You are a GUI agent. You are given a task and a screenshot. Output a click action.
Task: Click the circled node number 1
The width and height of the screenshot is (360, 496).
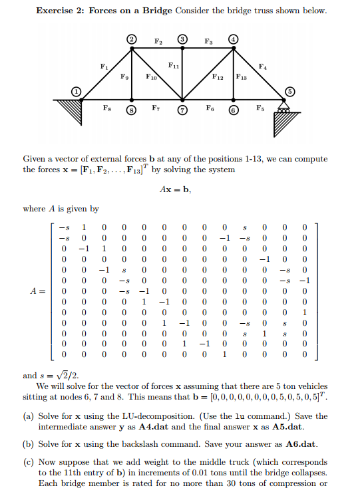[x=77, y=91]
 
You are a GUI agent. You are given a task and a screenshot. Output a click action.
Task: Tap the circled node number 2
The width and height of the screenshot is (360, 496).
[x=132, y=41]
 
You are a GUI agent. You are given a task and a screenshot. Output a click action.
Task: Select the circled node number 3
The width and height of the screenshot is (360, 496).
[x=182, y=41]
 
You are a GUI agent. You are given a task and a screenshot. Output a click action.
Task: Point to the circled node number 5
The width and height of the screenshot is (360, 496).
[x=289, y=91]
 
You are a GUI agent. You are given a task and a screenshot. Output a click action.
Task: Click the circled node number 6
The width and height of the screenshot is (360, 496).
[x=234, y=110]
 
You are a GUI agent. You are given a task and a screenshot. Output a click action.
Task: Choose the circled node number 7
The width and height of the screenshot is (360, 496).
[x=182, y=110]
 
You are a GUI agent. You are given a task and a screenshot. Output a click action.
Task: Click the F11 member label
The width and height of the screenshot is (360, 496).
[x=172, y=66]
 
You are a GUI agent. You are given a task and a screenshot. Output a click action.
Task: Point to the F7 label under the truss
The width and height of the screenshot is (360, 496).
[x=156, y=106]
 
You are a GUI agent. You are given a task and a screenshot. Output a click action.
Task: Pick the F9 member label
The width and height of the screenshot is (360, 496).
[x=124, y=78]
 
